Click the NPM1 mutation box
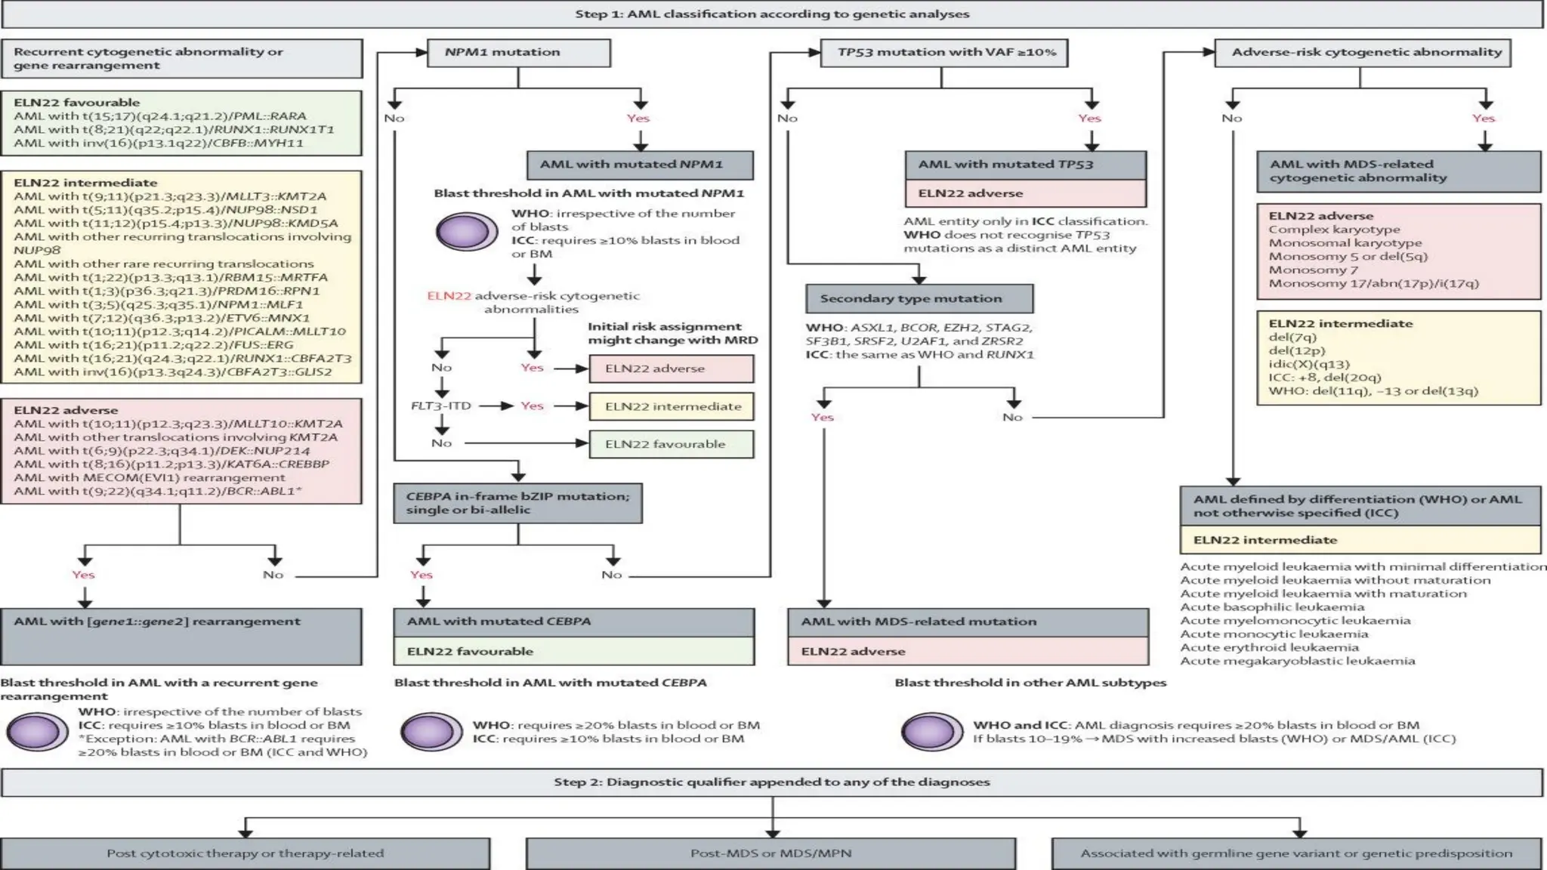point(518,52)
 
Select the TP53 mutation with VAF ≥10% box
point(944,52)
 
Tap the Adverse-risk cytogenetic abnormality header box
point(1363,52)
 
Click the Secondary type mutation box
point(919,298)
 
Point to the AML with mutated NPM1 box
point(640,164)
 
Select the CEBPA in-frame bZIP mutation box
point(518,503)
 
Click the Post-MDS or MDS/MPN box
point(770,853)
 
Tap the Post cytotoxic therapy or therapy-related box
point(245,853)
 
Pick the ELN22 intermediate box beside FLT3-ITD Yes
point(672,406)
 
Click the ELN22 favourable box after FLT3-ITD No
point(672,444)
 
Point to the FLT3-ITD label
point(440,406)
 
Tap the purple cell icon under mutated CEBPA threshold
point(431,731)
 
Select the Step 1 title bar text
point(772,14)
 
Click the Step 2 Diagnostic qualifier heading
point(772,782)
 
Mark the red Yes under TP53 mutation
point(1089,118)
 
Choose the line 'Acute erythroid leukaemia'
point(1269,647)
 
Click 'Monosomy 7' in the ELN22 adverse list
point(1313,270)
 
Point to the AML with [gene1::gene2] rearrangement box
point(181,636)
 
